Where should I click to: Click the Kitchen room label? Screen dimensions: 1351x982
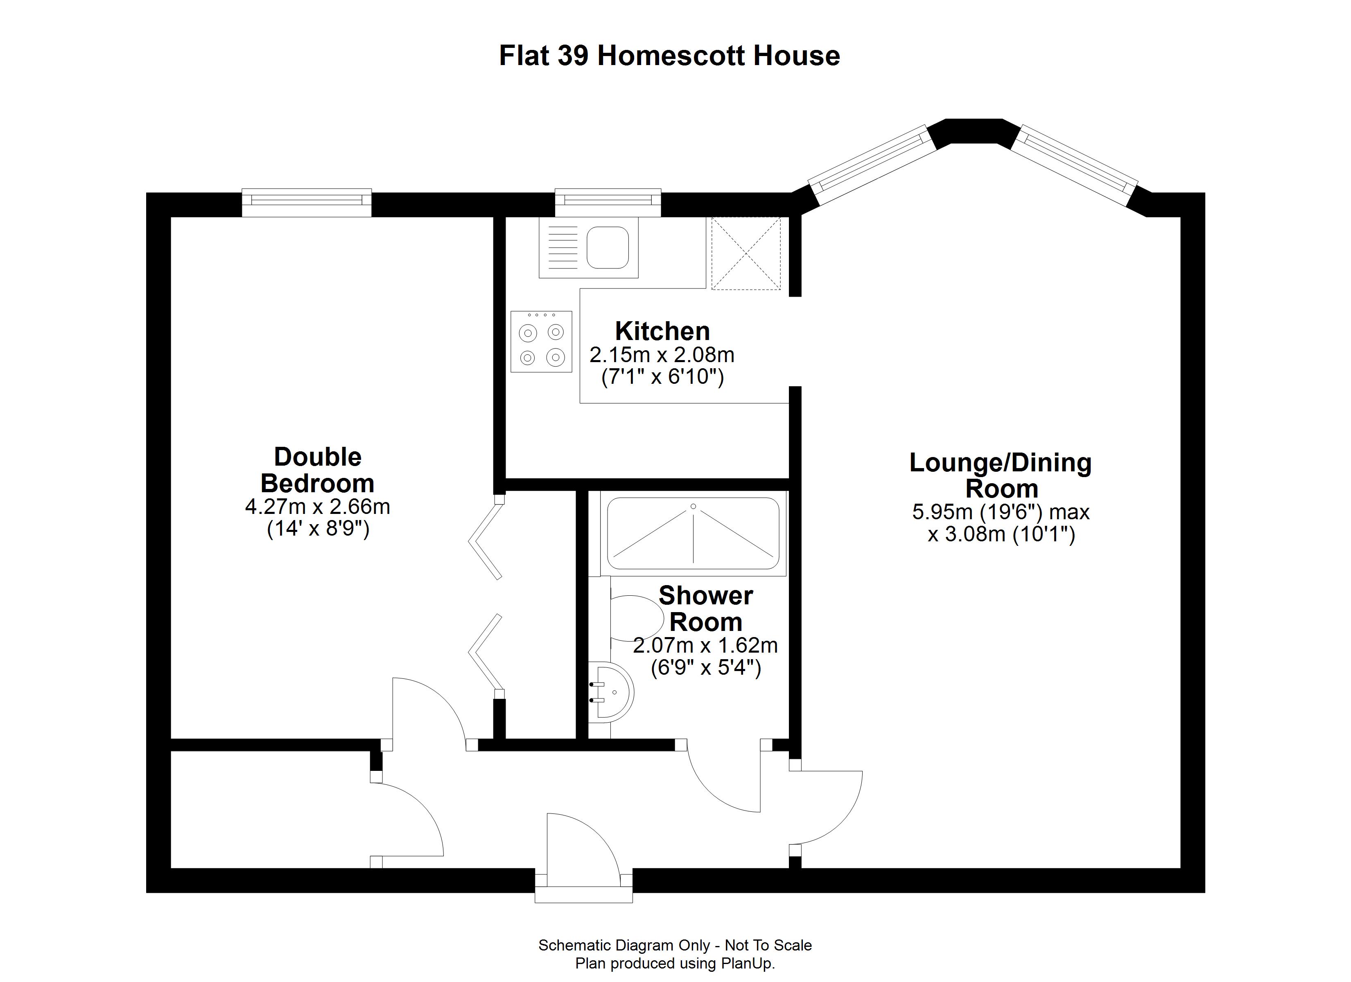click(x=662, y=331)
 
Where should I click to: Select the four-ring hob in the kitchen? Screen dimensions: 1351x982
click(x=541, y=342)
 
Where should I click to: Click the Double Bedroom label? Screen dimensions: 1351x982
click(x=318, y=470)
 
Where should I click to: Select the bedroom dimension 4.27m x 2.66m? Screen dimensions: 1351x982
click(x=318, y=507)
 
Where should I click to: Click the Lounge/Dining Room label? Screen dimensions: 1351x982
click(x=1001, y=475)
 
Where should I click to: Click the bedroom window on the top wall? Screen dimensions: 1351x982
click(x=307, y=203)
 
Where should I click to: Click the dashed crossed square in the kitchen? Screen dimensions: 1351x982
click(x=746, y=253)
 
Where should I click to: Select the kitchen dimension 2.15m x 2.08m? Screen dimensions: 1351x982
click(x=662, y=355)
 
